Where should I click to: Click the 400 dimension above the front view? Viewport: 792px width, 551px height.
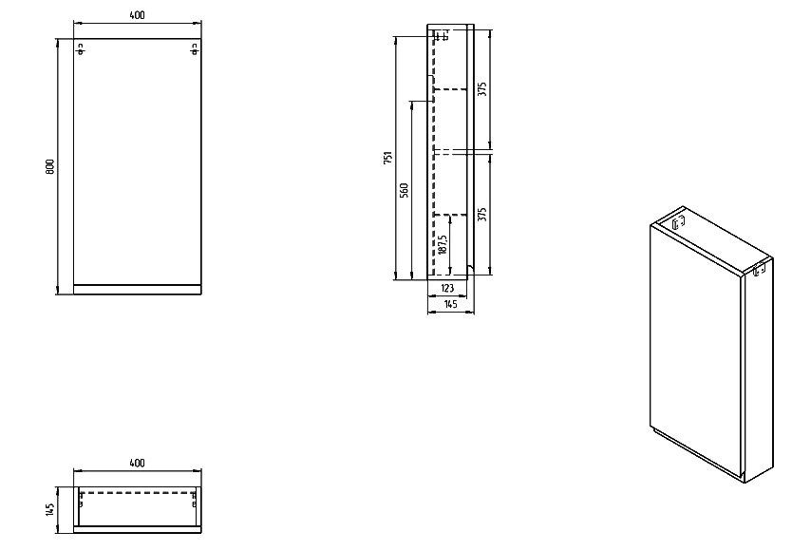pos(137,15)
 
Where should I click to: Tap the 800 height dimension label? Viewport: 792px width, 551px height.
pos(50,167)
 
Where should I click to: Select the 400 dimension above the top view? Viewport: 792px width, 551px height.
pos(137,463)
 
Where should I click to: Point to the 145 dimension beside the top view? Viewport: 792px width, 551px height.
pos(49,509)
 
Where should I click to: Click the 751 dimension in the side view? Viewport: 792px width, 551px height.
pos(387,158)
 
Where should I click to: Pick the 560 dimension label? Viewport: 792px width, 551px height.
pos(405,190)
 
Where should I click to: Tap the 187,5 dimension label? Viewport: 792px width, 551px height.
pos(443,244)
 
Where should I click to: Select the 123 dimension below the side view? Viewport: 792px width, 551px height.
pos(447,288)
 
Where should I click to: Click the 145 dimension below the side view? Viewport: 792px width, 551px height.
pos(450,304)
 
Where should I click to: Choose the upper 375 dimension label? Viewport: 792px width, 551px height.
pos(482,89)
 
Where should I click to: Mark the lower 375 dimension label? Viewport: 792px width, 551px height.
pos(482,215)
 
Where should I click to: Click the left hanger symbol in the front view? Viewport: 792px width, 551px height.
pos(81,49)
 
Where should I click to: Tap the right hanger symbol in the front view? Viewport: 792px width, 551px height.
pos(195,49)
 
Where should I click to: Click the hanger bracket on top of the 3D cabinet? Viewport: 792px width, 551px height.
pos(678,222)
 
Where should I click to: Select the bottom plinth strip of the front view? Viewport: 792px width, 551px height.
pos(138,289)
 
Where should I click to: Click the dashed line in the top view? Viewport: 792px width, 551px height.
pos(138,492)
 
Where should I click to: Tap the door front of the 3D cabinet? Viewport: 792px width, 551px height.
pos(696,349)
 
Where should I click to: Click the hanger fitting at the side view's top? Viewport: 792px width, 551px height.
pos(442,35)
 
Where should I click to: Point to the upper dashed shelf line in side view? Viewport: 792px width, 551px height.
pos(450,89)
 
